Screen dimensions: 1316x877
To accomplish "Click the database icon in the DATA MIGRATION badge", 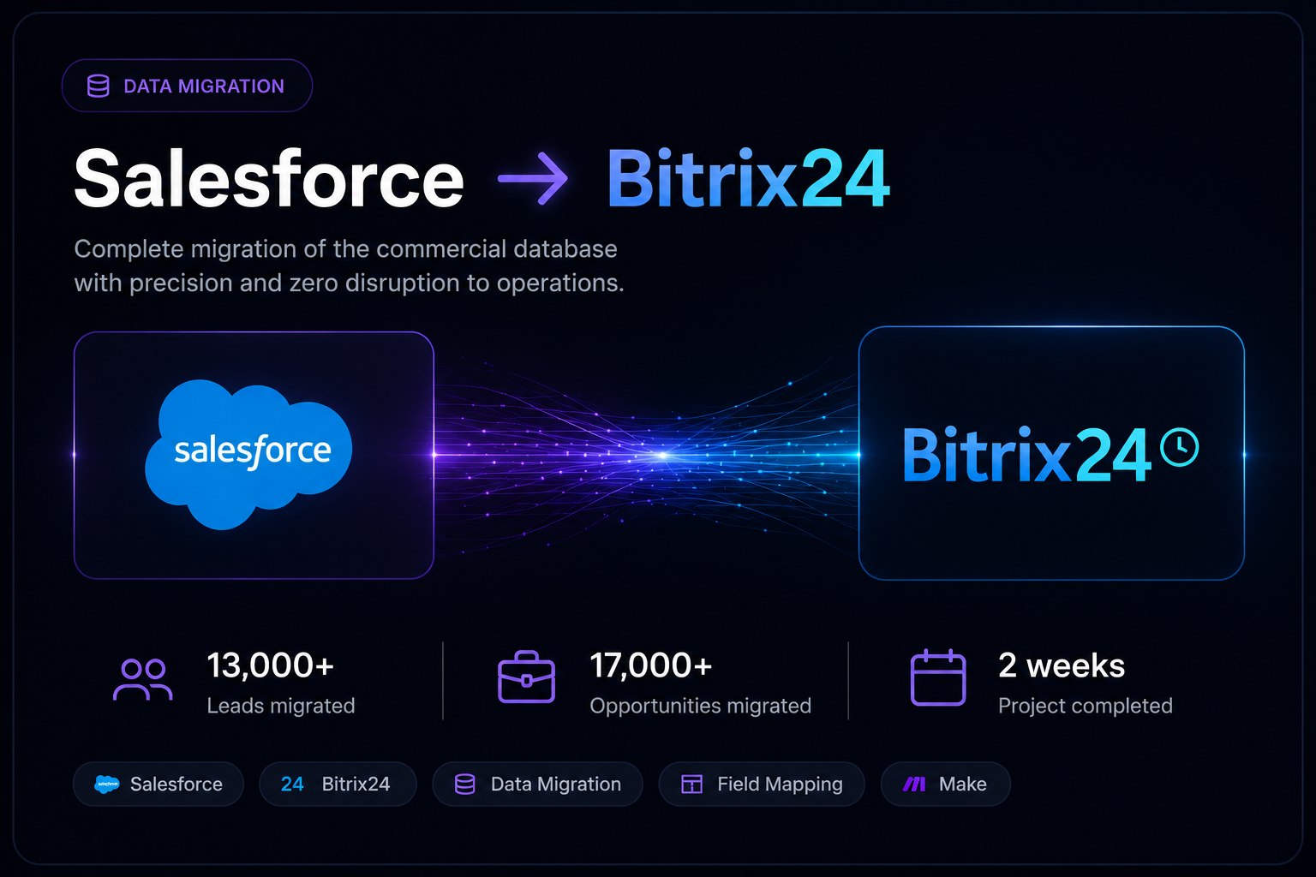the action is point(99,86).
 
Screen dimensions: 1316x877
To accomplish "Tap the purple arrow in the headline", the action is point(533,179).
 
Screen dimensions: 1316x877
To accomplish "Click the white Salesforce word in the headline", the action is point(269,179).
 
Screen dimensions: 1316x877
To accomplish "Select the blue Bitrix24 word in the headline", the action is point(748,179).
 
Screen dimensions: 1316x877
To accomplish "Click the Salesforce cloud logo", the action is point(248,453).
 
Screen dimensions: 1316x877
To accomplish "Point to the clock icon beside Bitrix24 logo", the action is point(1179,448).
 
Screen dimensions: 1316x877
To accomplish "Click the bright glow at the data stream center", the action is point(662,456).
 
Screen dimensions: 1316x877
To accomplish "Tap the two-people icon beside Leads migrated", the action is point(143,680).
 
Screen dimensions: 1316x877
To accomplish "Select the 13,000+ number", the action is point(270,665).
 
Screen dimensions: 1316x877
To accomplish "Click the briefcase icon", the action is point(526,677).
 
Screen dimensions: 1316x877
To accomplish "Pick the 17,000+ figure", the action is point(651,665).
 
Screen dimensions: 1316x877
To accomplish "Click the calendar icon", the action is point(937,677).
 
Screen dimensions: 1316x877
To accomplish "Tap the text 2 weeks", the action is point(1062,665).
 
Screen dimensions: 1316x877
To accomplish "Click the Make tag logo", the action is point(914,785).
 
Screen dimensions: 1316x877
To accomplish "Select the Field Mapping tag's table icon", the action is point(691,785).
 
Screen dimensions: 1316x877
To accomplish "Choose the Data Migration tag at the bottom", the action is point(537,785).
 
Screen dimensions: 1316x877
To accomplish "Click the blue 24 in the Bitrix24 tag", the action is point(292,785).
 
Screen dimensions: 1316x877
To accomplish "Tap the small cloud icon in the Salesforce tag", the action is point(107,785).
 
